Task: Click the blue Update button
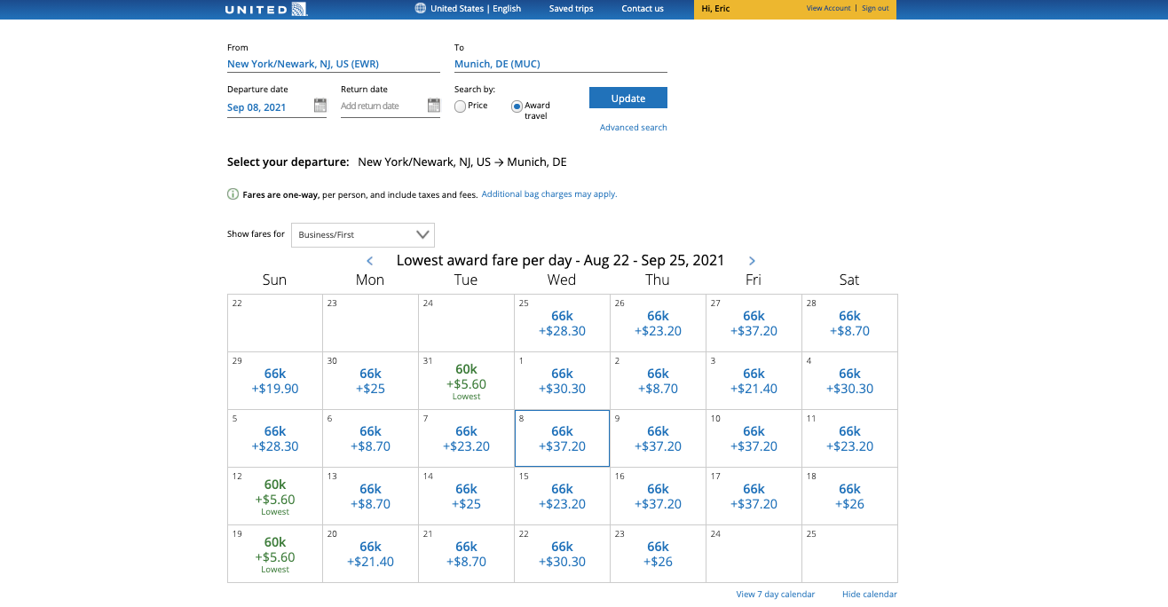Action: (627, 98)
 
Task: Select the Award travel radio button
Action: (517, 106)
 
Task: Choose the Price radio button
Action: (460, 106)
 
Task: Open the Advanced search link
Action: (633, 128)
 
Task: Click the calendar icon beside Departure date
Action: (320, 106)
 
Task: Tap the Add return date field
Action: (379, 106)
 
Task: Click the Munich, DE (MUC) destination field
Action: (559, 64)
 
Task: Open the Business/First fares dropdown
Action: (362, 234)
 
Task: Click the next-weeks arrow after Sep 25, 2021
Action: (752, 261)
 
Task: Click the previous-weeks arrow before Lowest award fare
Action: (370, 261)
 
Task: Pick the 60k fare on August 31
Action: (466, 377)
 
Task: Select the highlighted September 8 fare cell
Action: (562, 438)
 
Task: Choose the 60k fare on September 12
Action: (275, 493)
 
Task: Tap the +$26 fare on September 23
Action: (658, 554)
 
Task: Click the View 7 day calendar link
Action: (775, 595)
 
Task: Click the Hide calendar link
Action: (869, 595)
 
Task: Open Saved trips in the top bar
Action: (571, 9)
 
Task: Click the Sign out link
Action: (875, 9)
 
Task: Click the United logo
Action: (265, 10)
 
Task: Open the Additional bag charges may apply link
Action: (548, 194)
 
